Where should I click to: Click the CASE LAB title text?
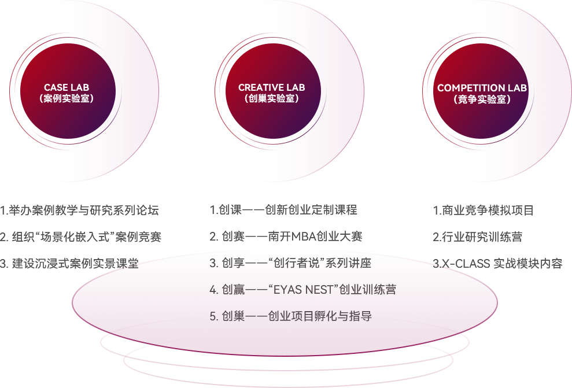67,88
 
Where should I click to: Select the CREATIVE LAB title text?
271,88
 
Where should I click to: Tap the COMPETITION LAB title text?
482,88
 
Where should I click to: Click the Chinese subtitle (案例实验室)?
67,99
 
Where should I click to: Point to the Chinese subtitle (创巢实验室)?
271,99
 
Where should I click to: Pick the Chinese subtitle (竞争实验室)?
482,99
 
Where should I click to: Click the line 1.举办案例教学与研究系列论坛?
79,210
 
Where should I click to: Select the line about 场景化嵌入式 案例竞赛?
80,237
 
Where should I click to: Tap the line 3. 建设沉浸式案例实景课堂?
69,264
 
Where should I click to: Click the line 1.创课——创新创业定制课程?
283,210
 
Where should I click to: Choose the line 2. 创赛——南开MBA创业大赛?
286,237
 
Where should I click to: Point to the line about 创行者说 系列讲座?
290,263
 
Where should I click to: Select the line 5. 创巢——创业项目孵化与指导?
290,316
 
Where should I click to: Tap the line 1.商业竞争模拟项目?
483,210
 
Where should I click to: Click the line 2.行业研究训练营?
477,237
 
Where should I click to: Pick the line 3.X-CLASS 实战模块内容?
497,264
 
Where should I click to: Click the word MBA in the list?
304,237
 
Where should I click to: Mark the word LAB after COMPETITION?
515,88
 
